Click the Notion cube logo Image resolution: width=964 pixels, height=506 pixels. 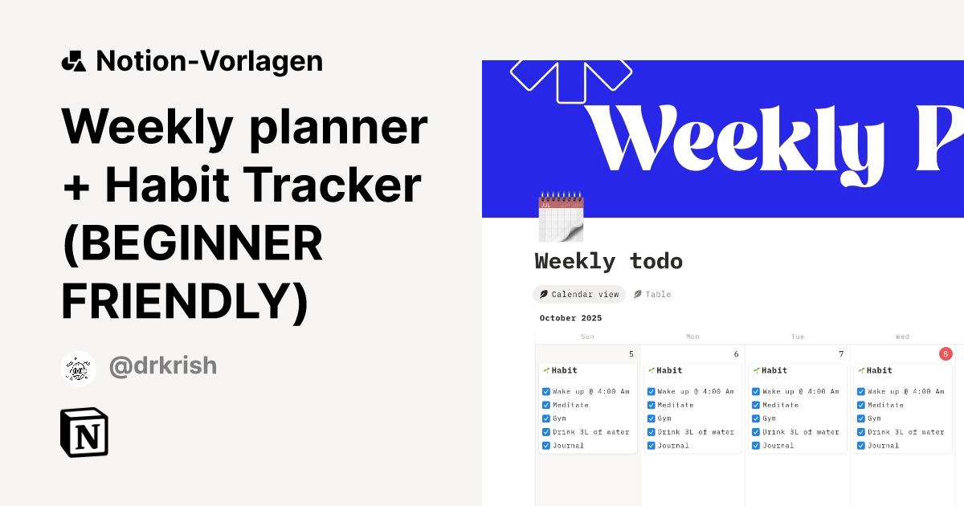point(84,433)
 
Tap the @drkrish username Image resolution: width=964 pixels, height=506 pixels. point(163,366)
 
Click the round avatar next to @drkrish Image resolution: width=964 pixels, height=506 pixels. point(79,369)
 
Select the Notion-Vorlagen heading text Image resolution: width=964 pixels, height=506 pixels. point(209,61)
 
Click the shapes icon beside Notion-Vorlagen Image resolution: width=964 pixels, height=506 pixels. point(74,61)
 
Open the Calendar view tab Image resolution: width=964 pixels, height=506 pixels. point(579,295)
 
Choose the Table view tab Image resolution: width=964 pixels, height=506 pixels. point(652,295)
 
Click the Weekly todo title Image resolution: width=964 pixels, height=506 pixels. point(608,261)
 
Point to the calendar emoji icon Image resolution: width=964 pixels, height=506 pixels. point(560,216)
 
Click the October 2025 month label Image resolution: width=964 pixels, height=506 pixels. point(570,318)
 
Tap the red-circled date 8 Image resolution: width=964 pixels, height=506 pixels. point(946,353)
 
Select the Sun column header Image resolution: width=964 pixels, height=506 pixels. point(587,337)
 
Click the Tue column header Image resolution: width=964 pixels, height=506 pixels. point(798,337)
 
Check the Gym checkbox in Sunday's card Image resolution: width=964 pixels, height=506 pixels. point(546,418)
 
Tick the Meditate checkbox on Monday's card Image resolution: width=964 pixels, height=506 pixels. point(652,405)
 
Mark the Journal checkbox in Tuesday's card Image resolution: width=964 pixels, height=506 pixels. point(756,445)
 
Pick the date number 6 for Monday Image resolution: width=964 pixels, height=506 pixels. point(736,354)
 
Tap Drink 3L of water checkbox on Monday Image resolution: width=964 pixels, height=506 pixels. point(652,432)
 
